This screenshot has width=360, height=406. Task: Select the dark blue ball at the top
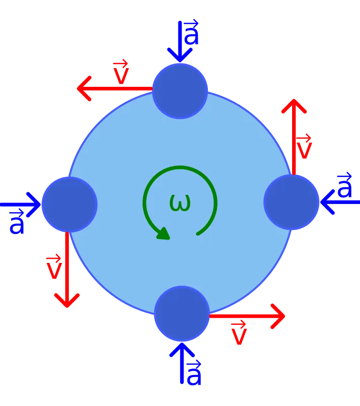[180, 91]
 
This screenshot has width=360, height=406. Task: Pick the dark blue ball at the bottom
[182, 314]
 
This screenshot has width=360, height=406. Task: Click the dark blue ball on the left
[69, 205]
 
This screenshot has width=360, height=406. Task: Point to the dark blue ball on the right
[291, 202]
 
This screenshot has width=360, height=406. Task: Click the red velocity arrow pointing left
[115, 88]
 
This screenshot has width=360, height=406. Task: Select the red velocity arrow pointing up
[294, 137]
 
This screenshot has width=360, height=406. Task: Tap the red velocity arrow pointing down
[67, 270]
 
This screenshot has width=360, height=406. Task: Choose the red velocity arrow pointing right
[247, 316]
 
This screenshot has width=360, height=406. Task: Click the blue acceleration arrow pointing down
[180, 42]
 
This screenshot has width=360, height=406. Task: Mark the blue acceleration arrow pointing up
[182, 363]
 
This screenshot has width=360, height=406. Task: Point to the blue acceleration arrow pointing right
[20, 205]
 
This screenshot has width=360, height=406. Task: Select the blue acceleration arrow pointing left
[340, 202]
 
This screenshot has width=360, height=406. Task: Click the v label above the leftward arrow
[121, 72]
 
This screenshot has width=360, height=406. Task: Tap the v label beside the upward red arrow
[304, 146]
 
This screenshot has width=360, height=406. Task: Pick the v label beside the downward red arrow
[54, 266]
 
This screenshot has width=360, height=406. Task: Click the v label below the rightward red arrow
[239, 332]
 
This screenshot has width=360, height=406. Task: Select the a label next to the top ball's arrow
[191, 31]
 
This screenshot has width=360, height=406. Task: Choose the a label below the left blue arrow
[17, 222]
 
